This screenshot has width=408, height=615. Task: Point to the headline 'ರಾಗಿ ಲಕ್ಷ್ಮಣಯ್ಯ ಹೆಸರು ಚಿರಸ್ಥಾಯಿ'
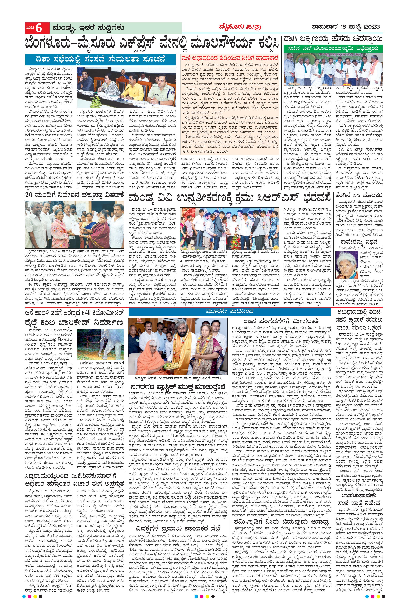tap(333, 39)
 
